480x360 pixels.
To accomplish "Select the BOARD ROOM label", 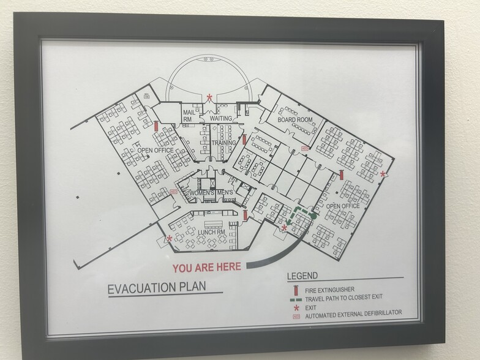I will coord(295,119).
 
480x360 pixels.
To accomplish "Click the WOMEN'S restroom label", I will coord(200,193).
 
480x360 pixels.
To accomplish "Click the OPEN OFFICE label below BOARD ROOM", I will coord(343,206).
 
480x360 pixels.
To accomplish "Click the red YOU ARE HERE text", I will coord(206,267).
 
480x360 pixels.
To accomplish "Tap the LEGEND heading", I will coord(302,277).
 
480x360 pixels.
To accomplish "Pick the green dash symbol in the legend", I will coord(294,298).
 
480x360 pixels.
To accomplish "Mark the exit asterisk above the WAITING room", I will coord(210,97).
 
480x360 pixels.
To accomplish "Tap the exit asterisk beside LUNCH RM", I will coord(170,239).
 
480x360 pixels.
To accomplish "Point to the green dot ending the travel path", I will coord(312,216).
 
